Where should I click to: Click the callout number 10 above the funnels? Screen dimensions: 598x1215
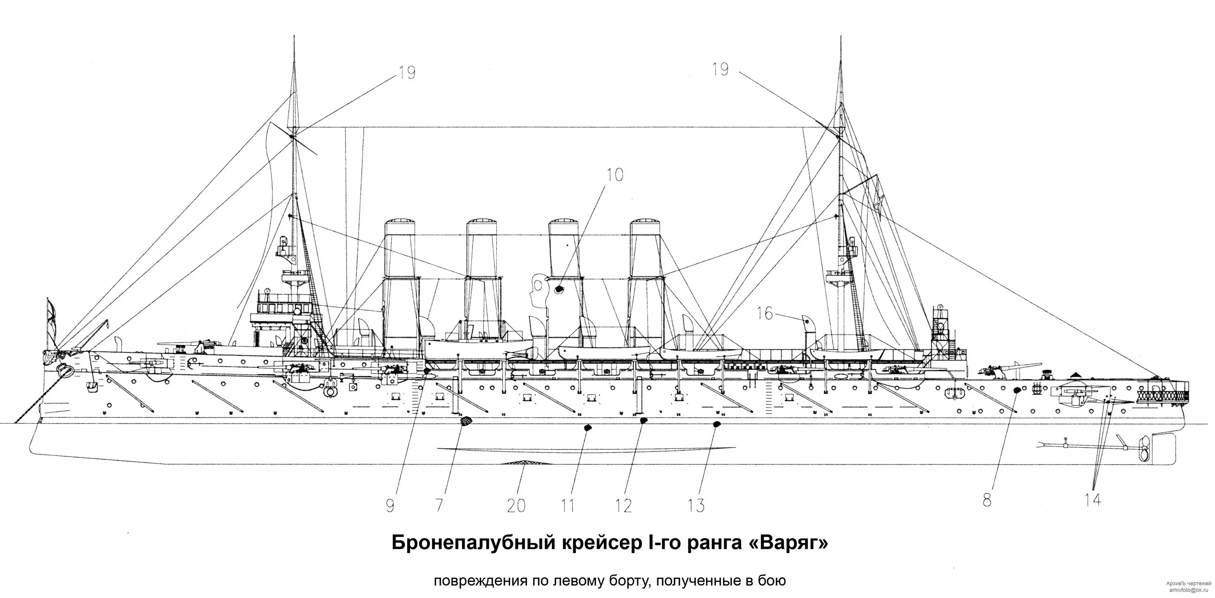[614, 175]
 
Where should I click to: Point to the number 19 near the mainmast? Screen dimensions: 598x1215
[720, 70]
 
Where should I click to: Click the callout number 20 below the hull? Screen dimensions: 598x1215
[516, 506]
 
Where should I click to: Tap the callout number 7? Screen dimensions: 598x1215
[439, 506]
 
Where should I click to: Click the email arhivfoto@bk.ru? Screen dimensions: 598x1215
[1192, 590]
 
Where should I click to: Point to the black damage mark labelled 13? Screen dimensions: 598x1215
[716, 424]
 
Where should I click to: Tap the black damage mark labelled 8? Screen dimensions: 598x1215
[1017, 390]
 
